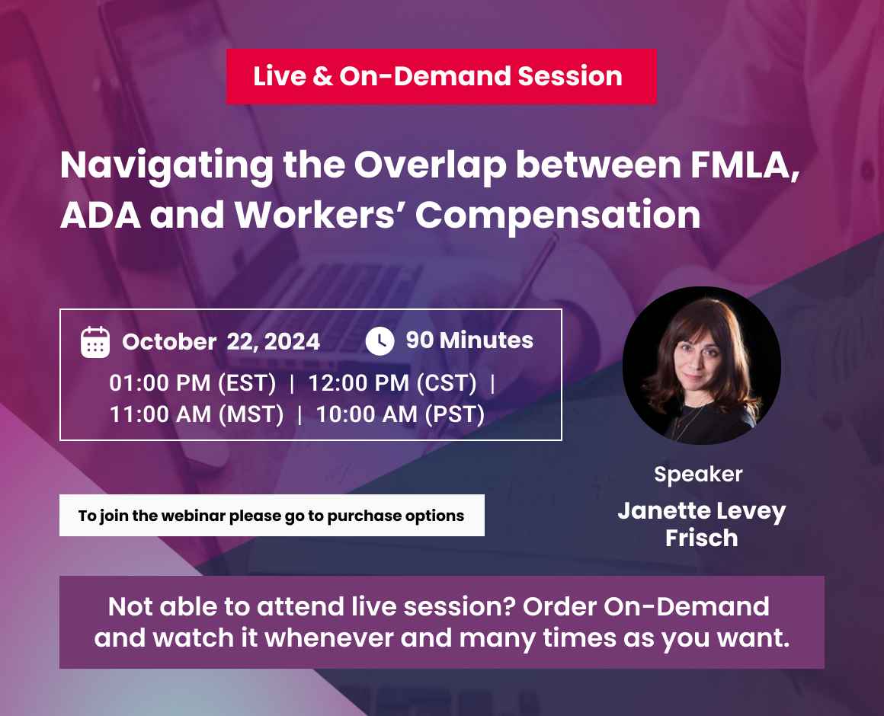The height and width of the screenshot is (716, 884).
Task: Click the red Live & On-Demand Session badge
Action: [440, 76]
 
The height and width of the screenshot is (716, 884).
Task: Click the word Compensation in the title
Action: [558, 215]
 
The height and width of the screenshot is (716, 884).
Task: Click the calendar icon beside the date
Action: [95, 342]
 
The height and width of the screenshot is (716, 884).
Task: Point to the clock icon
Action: [380, 340]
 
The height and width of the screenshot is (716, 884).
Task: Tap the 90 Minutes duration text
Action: [469, 340]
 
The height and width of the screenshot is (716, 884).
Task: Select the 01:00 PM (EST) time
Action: [193, 382]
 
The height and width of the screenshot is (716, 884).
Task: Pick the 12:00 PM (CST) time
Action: [392, 382]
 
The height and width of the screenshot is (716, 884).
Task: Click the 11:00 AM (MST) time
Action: [197, 415]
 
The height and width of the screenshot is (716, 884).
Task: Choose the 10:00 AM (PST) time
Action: [400, 415]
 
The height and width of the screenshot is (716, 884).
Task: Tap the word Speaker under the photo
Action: [698, 475]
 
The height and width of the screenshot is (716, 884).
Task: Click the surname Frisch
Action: [701, 538]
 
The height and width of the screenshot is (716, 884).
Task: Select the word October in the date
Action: [169, 342]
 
